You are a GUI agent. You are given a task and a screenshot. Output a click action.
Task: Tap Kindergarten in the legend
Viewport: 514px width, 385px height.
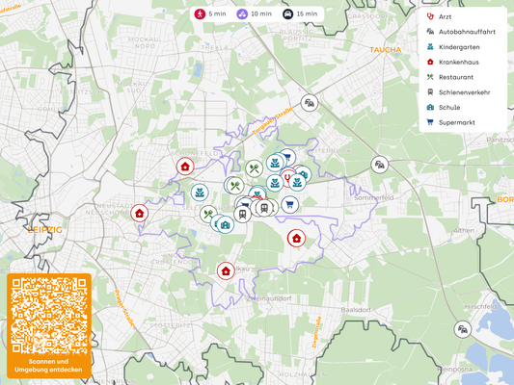(x=457, y=46)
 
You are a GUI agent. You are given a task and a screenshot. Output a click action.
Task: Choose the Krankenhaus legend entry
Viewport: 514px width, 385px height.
(x=457, y=62)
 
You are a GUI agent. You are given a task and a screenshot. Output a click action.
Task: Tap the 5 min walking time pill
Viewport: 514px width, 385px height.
(x=209, y=14)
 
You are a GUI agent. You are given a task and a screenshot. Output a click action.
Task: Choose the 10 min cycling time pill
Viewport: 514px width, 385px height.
(x=254, y=14)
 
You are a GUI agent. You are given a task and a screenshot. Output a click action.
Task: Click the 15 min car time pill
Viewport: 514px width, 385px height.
(x=300, y=14)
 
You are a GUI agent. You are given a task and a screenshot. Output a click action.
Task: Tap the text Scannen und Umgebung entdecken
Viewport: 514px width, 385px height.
(x=49, y=365)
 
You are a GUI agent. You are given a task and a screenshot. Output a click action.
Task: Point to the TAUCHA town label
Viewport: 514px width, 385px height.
(x=385, y=49)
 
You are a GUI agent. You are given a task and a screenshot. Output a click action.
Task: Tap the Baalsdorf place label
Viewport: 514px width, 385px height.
(x=356, y=310)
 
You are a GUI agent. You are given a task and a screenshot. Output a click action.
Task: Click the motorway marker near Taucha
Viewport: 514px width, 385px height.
(x=309, y=102)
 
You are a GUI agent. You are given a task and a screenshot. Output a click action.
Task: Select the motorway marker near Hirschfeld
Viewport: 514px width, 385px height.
(x=464, y=329)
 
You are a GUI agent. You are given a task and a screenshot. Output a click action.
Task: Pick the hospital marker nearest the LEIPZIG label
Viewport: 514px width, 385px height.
(x=140, y=213)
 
